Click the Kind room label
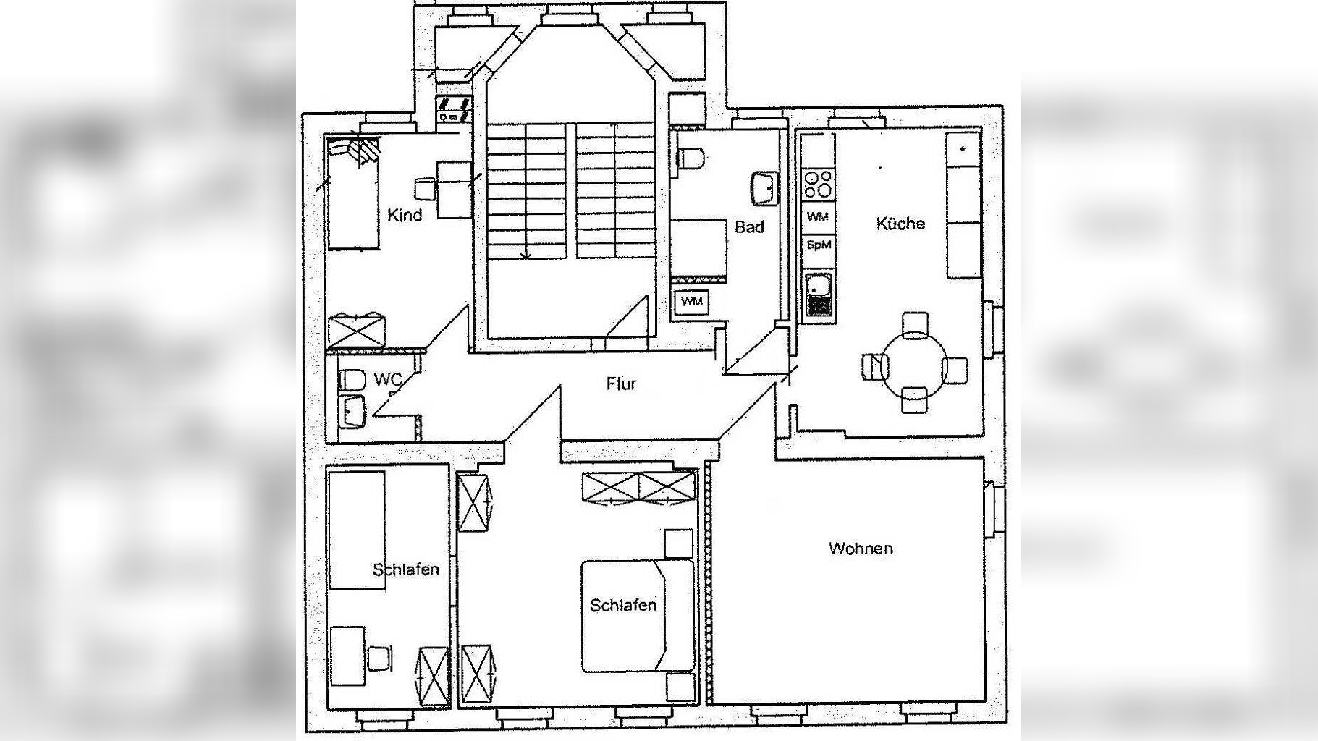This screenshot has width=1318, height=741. point(405,215)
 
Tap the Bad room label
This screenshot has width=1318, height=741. point(749,227)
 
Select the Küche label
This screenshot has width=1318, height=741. point(900,224)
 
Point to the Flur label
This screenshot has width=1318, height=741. point(622,384)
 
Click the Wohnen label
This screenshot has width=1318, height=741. point(861,549)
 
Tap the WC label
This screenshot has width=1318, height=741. point(388,380)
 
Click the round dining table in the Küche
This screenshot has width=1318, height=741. point(915,363)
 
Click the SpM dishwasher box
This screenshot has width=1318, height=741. point(819,245)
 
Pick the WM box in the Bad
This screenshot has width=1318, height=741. point(692,302)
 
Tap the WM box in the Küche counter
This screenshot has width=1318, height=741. point(819,217)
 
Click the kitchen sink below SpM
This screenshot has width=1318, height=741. point(819,295)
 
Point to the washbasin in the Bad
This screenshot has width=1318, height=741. point(764,188)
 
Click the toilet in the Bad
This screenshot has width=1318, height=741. point(692,158)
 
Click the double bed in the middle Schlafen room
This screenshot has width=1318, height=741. point(638,616)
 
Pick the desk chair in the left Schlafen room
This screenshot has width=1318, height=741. point(381,658)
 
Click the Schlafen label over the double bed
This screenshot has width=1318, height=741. point(623,605)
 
